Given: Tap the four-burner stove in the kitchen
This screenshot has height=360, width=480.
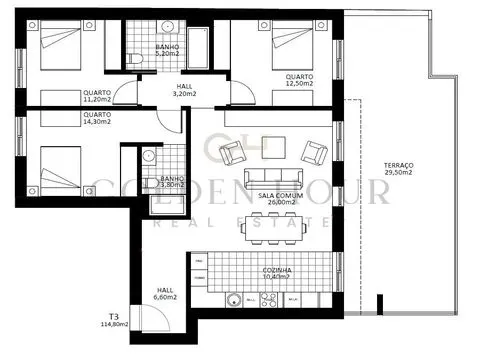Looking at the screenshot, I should [267, 298].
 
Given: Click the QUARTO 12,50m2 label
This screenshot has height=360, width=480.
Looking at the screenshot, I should [298, 80].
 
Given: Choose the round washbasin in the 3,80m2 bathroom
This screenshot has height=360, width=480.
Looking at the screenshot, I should [148, 156].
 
